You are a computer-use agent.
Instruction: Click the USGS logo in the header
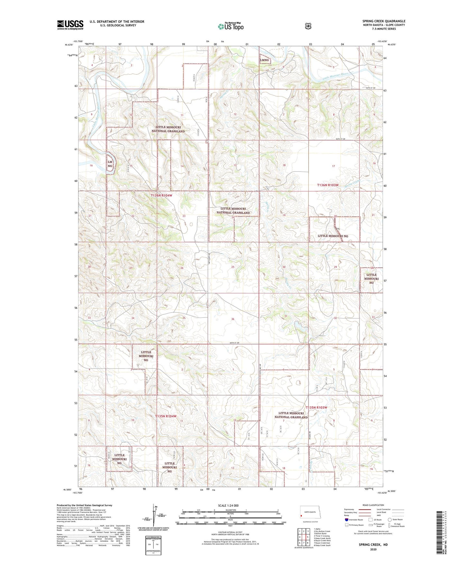pos(70,25)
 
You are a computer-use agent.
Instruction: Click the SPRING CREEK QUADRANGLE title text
pos(384,21)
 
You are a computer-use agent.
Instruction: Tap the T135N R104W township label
pos(166,416)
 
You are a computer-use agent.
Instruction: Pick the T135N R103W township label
pos(316,407)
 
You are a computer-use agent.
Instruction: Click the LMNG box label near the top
pos(265,60)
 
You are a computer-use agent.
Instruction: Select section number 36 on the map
pos(233,319)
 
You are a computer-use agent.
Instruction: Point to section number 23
pos(184,216)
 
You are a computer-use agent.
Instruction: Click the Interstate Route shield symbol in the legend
pos(346,520)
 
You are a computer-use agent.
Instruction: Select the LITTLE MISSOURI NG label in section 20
pos(333,236)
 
